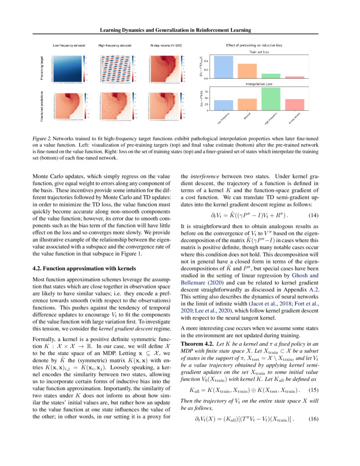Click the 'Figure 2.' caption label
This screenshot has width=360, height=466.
43,139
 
